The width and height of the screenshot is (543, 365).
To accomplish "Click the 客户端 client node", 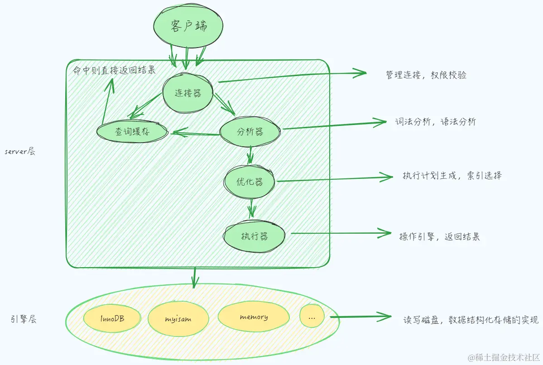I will (x=189, y=26).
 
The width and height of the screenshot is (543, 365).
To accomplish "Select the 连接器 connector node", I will (x=187, y=93).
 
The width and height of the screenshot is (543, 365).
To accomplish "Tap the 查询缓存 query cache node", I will (x=132, y=132).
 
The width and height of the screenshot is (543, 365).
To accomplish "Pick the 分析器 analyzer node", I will (x=250, y=132).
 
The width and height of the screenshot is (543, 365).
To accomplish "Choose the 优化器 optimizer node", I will (x=250, y=182).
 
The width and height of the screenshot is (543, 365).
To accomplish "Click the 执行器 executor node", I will (x=254, y=236).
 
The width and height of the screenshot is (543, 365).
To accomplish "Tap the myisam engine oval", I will (x=178, y=318).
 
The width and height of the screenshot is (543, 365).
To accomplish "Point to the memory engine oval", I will (x=254, y=317).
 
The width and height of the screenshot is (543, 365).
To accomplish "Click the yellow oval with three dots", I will (x=312, y=317).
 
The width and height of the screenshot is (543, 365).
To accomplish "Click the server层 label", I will (x=20, y=152).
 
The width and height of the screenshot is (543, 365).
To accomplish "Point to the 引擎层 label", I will (x=23, y=319).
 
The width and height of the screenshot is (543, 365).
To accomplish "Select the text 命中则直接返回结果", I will (x=114, y=71).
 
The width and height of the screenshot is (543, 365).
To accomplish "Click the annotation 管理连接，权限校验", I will (x=426, y=75).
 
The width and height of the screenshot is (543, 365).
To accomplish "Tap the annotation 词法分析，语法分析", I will (x=435, y=122).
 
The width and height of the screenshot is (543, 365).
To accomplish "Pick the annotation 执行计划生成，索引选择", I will (x=452, y=176).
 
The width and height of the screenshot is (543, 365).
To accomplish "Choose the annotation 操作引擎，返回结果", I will (x=439, y=237).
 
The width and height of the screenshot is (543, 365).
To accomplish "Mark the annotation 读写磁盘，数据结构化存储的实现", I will (x=471, y=319).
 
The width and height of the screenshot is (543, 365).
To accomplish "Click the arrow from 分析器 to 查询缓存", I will (x=195, y=134).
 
